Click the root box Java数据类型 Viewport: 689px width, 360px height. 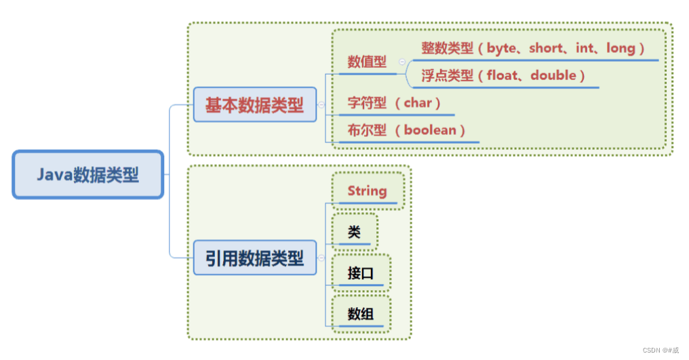coord(87,175)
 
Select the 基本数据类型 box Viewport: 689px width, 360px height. coord(254,105)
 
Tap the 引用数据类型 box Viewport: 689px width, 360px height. coord(254,258)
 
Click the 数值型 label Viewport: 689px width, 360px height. coord(367,62)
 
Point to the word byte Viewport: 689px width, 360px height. coord(506,48)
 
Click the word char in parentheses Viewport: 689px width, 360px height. coord(418,103)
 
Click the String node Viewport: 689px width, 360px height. coord(367,191)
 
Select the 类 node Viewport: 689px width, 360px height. coord(354,233)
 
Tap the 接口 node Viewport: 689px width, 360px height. coord(360,273)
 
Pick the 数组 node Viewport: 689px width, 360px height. coord(360,314)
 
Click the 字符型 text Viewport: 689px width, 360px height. coord(367,103)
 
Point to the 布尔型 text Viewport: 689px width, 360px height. coord(367,130)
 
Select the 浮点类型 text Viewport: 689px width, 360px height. coord(447,75)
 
